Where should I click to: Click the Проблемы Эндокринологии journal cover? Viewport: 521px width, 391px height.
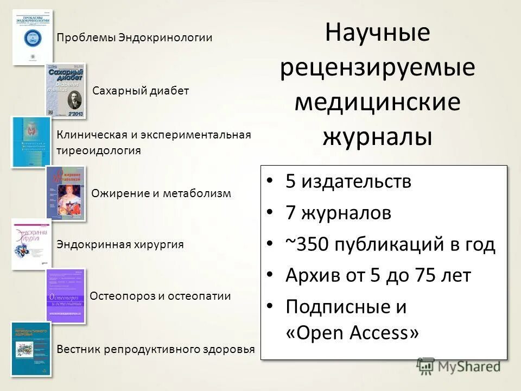point(33,37)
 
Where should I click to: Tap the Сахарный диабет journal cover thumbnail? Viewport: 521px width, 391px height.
point(65,91)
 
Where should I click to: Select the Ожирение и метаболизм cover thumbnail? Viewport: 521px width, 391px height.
point(66,193)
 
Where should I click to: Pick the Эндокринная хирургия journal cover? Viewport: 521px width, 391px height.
point(31,244)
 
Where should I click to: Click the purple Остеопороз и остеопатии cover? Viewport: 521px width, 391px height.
point(66,296)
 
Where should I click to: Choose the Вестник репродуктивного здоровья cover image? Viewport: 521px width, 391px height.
point(31,349)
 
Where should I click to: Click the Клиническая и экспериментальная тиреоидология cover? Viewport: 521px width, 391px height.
point(31,141)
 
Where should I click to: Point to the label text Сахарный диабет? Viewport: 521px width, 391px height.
point(141,91)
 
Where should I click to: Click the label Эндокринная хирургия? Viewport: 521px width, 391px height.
point(120,244)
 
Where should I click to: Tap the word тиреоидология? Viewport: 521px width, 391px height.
point(99,150)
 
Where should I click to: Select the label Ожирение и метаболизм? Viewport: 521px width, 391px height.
point(161,193)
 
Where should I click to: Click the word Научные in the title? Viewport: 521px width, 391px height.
point(378,34)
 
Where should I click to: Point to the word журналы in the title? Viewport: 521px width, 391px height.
point(378,137)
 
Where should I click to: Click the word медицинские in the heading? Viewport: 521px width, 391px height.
point(378,102)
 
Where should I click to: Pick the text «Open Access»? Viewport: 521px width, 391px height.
point(352,332)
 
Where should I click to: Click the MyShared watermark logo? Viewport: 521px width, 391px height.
point(459,367)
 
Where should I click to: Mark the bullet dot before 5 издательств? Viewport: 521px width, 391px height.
point(270,181)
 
